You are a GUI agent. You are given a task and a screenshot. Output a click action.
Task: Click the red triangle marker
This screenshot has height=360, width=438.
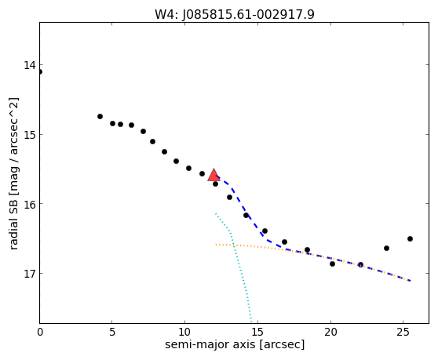(x=214, y=175)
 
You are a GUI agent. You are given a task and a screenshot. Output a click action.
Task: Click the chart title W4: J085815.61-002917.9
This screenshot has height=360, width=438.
(x=235, y=14)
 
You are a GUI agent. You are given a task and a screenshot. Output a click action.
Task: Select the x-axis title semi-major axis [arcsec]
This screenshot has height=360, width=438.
(x=235, y=344)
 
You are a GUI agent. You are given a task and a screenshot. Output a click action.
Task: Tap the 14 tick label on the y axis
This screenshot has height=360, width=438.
(x=30, y=65)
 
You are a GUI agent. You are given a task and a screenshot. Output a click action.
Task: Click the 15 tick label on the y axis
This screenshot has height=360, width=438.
(x=30, y=135)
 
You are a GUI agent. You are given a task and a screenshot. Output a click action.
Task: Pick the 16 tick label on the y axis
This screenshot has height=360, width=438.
(x=30, y=204)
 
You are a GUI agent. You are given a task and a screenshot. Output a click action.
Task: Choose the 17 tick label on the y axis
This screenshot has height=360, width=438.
(x=30, y=273)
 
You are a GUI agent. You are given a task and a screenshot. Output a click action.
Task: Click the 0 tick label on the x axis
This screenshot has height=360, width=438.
(x=40, y=332)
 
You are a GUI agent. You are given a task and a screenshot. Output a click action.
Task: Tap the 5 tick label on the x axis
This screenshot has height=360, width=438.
(x=112, y=332)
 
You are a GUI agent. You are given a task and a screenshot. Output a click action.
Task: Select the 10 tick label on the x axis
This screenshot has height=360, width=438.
(x=184, y=332)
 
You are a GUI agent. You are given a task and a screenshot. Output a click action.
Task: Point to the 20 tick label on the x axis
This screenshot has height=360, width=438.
(x=330, y=332)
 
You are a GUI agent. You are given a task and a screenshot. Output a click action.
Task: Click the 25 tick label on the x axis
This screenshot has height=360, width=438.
(x=403, y=332)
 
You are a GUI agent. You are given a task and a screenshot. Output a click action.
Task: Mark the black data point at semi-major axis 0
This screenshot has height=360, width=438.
(x=40, y=71)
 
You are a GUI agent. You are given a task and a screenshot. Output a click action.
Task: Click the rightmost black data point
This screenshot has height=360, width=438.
(x=410, y=238)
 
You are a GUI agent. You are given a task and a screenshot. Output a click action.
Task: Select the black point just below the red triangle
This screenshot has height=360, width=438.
(x=215, y=184)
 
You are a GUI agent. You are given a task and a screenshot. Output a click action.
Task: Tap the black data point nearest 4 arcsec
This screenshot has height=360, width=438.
(x=100, y=116)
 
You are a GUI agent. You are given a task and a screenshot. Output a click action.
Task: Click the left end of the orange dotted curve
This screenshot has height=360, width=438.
(x=216, y=245)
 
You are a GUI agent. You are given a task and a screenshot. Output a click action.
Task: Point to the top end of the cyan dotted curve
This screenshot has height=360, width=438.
(x=216, y=213)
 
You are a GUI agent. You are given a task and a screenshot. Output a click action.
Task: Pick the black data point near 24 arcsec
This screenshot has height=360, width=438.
(x=387, y=248)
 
